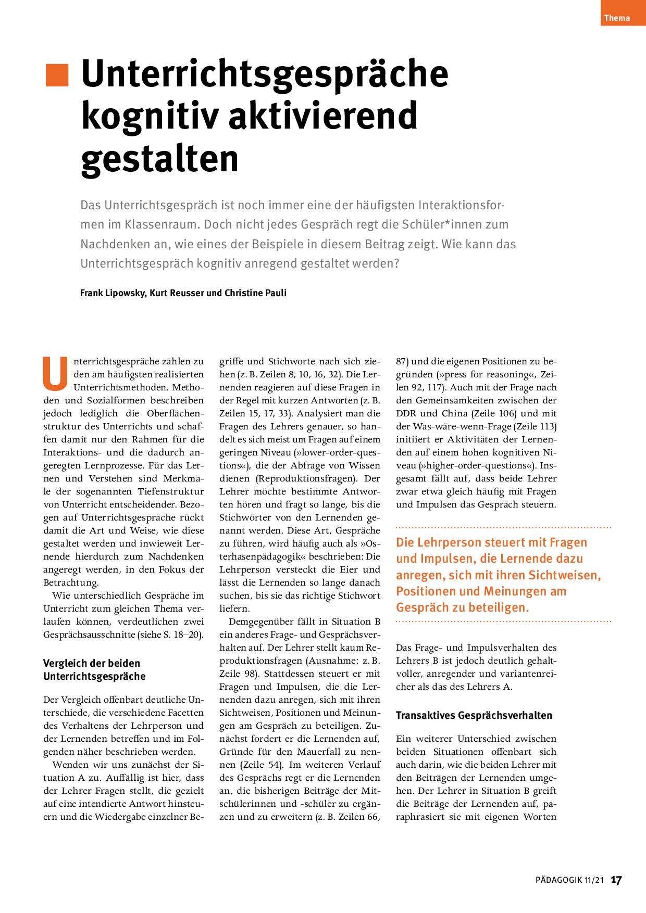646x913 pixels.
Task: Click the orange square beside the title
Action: (57, 75)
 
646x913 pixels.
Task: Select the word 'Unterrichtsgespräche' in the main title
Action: (265, 74)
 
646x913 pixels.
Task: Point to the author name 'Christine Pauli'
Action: (255, 293)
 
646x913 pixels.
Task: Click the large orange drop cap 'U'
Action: (55, 374)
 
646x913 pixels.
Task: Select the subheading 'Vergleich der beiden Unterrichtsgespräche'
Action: (94, 670)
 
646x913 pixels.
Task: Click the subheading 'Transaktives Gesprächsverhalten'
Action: (474, 715)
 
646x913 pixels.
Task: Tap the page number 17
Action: (616, 880)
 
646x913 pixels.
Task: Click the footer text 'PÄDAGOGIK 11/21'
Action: (569, 880)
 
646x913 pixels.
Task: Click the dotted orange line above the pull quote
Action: (503, 527)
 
